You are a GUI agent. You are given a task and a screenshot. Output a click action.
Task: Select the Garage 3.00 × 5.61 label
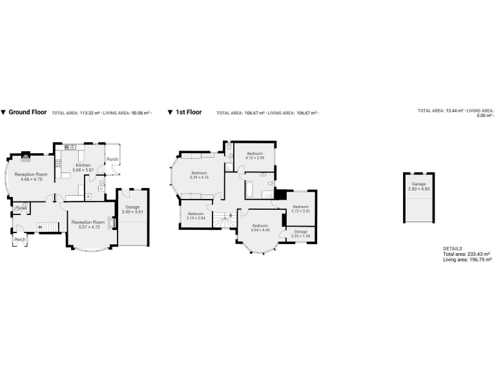(133, 209)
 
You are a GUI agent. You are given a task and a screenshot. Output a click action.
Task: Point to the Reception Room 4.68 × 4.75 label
(32, 176)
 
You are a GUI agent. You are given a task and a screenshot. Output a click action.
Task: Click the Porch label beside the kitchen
(112, 160)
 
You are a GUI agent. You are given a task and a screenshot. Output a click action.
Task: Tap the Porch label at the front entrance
(19, 239)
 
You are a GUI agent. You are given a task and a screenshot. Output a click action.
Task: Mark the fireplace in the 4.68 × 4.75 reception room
(26, 155)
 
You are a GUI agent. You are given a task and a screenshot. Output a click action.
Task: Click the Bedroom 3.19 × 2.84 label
(196, 216)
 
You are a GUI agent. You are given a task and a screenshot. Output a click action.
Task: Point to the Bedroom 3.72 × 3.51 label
(301, 209)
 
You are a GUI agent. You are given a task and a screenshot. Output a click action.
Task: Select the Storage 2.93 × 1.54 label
(301, 233)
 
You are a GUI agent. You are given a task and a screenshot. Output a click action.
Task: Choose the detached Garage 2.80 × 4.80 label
(419, 186)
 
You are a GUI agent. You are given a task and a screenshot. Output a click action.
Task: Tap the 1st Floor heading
(189, 112)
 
